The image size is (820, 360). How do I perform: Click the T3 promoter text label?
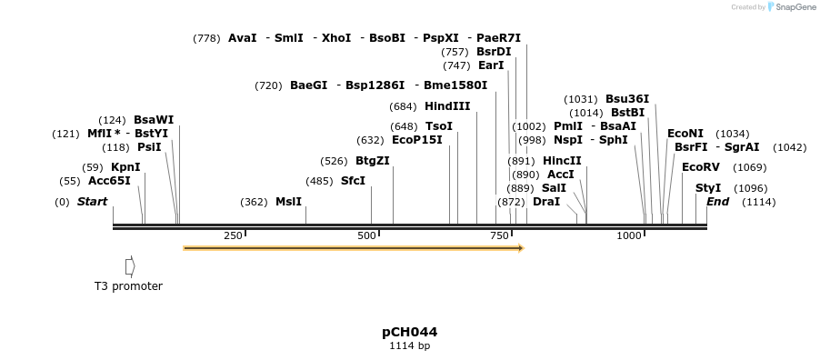[128, 286]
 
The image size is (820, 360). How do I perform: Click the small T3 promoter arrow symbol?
[130, 266]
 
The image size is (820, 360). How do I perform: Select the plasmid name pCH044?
[409, 332]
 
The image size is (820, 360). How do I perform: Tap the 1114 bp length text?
[409, 346]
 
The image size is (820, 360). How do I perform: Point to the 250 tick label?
[233, 236]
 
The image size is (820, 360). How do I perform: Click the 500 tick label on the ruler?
[366, 236]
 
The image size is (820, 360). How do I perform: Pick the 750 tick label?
[500, 236]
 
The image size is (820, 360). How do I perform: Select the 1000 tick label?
[629, 236]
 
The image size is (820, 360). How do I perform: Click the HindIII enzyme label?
[447, 106]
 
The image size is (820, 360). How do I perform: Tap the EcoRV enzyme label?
[700, 167]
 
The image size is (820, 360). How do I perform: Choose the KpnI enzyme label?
[125, 167]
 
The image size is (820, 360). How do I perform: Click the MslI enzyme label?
[288, 202]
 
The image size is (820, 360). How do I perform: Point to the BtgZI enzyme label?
[372, 161]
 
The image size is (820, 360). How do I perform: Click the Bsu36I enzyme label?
[627, 99]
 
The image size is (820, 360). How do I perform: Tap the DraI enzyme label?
[546, 201]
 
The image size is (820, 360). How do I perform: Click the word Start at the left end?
[92, 202]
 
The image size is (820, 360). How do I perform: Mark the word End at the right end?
[717, 202]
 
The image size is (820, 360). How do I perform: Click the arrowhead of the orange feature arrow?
[521, 247]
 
